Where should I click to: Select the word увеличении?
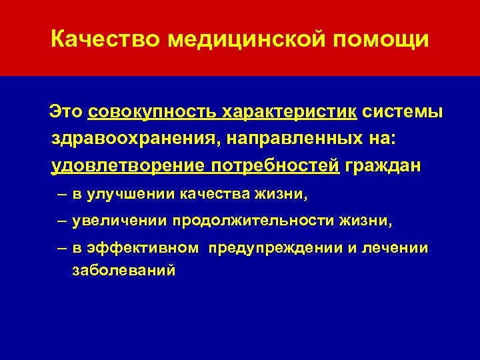coord(120,221)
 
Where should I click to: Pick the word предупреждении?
coord(275,248)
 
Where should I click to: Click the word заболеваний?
coord(123,271)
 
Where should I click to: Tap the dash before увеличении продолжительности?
coord(61,221)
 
